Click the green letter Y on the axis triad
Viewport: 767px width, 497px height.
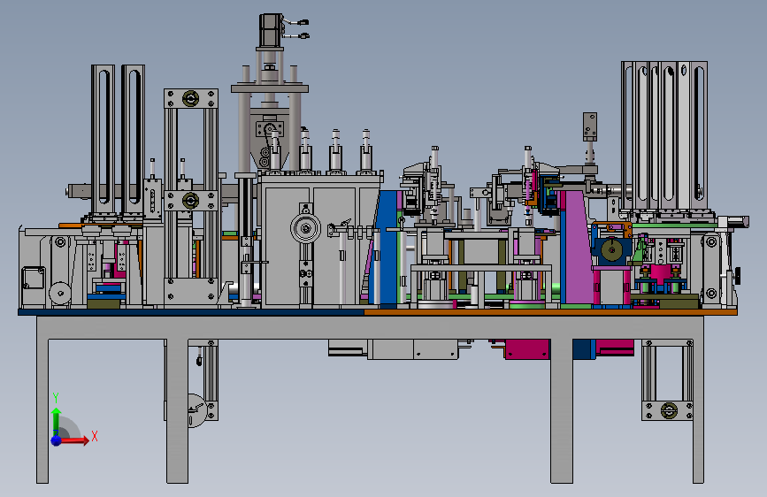[x=56, y=398]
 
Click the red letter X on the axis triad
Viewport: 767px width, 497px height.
[x=95, y=436]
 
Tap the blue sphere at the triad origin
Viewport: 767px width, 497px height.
[x=57, y=440]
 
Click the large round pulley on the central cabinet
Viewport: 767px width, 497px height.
[x=306, y=228]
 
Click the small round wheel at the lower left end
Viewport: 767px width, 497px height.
[x=60, y=294]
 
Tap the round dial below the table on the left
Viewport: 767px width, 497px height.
[x=197, y=410]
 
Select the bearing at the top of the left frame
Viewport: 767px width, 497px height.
[x=191, y=99]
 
